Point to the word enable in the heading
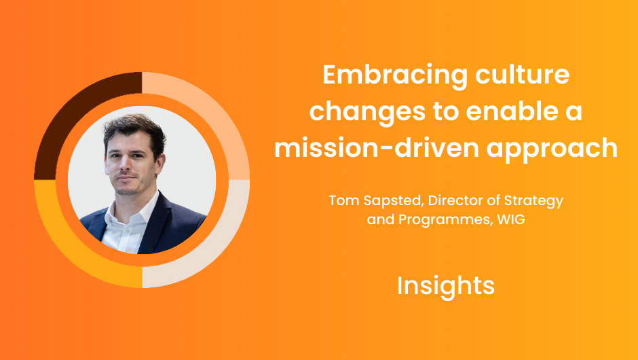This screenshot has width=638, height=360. tap(510, 111)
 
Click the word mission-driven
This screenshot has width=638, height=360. tap(377, 147)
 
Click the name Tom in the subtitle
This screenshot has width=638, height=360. tap(344, 200)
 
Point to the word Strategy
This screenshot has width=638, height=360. tap(534, 201)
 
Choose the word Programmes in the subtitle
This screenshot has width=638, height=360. tap(445, 220)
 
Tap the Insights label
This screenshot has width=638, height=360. tap(445, 286)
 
